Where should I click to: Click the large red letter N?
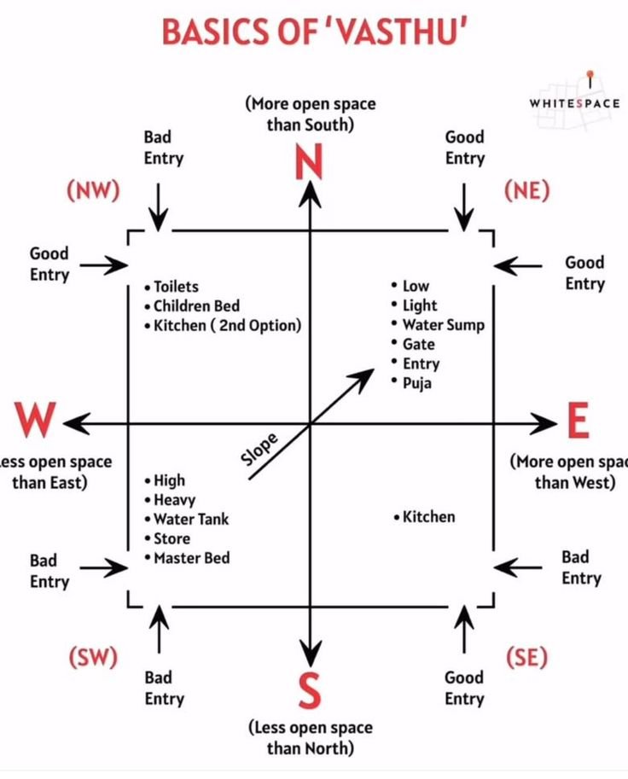click(309, 161)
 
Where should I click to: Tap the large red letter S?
click(310, 689)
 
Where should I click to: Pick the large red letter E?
click(579, 421)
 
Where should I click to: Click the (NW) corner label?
click(93, 189)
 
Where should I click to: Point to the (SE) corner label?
click(526, 657)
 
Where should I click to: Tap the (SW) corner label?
click(93, 657)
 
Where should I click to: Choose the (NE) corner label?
click(526, 190)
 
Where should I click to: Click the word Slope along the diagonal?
click(259, 449)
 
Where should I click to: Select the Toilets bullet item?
click(172, 287)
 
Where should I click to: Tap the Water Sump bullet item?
click(439, 325)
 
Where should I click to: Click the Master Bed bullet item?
click(188, 558)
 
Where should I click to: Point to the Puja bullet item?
click(411, 383)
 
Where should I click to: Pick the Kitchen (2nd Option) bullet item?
click(223, 325)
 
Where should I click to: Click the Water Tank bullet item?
click(186, 519)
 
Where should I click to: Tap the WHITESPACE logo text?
click(575, 103)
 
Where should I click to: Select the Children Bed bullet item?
click(192, 305)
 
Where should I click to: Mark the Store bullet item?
click(167, 538)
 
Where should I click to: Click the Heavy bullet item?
click(170, 500)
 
